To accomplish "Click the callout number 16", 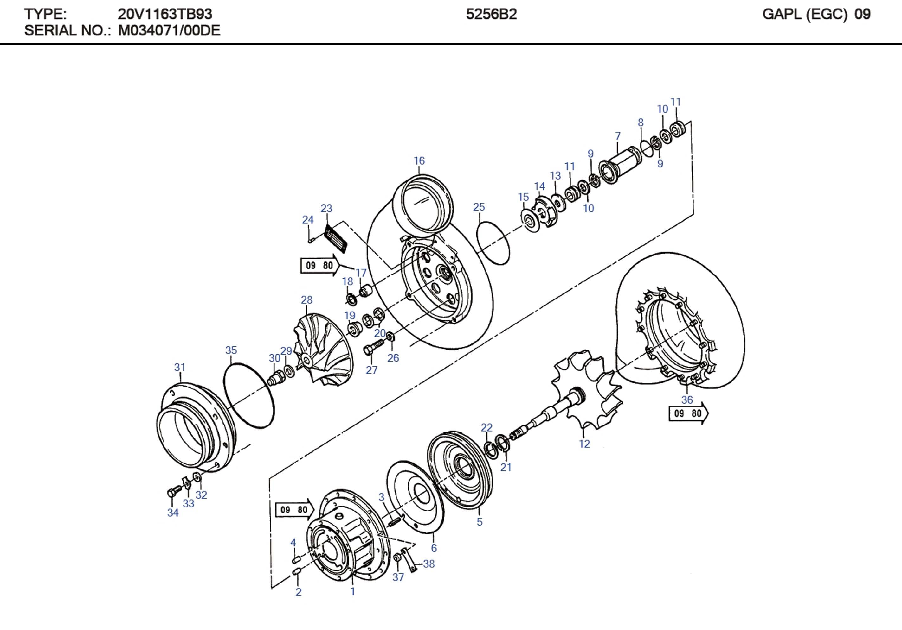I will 419,161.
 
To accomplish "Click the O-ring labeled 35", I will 249,396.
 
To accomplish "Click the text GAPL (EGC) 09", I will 816,14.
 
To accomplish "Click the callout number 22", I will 486,427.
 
